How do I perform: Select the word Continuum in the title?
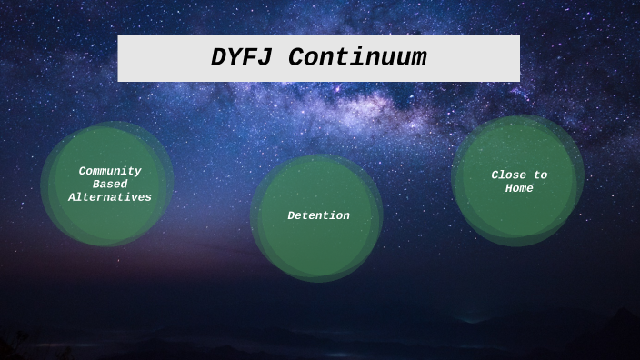pos(358,57)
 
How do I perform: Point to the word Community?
pos(110,170)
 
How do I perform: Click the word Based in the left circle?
pos(110,184)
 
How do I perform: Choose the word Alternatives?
pos(110,196)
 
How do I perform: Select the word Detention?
pos(318,215)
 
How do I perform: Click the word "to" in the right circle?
pos(540,175)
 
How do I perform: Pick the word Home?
pos(519,188)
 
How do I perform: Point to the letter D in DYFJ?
pos(219,57)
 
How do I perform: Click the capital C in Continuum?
pos(299,57)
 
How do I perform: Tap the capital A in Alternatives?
pos(73,196)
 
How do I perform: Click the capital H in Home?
pos(509,188)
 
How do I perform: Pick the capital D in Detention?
pos(291,215)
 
